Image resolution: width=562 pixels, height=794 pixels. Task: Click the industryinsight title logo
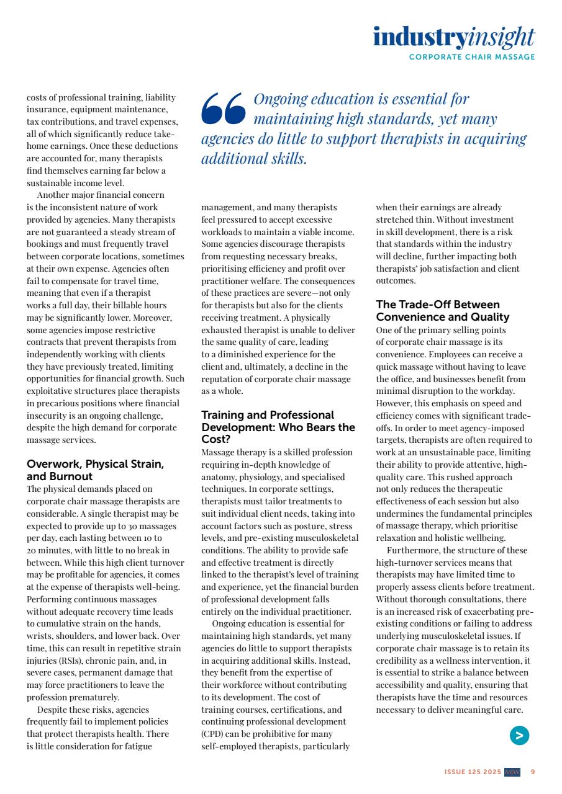click(453, 37)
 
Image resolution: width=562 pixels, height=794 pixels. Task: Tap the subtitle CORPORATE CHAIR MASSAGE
click(472, 57)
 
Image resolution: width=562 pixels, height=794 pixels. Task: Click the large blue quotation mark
click(224, 109)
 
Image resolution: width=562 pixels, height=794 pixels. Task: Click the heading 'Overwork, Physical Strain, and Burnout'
click(95, 470)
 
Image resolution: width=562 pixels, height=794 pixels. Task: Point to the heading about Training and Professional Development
click(278, 427)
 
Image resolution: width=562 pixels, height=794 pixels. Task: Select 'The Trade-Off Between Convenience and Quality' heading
click(443, 311)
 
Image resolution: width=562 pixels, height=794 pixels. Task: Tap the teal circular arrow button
click(519, 736)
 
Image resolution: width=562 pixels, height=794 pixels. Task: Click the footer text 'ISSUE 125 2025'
click(473, 772)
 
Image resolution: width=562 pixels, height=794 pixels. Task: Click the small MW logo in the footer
click(512, 772)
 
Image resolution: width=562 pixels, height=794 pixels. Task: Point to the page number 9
click(533, 772)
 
